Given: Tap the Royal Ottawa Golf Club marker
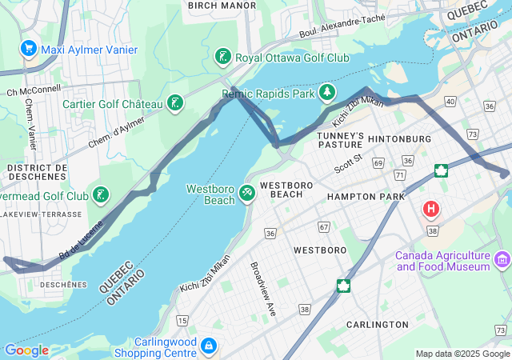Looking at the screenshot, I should [x=224, y=57].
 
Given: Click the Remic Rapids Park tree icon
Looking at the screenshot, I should [x=327, y=94].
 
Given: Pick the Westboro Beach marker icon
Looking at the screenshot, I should [x=248, y=194].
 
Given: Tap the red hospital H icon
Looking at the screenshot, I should [x=431, y=210].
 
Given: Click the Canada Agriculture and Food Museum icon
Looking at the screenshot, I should [x=502, y=259].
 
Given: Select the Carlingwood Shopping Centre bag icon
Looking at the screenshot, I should [x=208, y=346].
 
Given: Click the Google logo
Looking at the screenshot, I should [x=26, y=350].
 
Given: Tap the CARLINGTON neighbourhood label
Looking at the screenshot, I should [x=377, y=324].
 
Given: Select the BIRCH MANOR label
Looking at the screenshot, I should [x=222, y=6].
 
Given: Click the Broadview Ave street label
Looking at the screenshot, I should [x=262, y=288].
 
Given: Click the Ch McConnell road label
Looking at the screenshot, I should [x=34, y=90].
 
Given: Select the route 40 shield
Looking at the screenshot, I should [x=450, y=102].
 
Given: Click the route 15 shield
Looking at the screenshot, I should [x=182, y=321].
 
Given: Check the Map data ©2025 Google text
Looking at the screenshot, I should [x=462, y=354].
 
